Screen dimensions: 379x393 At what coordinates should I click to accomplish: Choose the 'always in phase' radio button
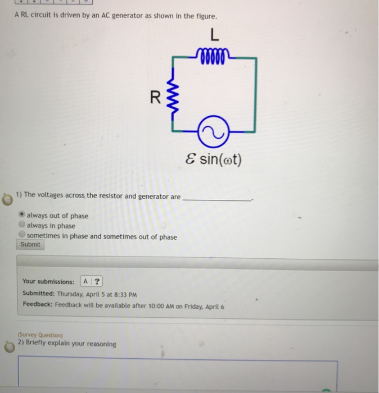pos(22,226)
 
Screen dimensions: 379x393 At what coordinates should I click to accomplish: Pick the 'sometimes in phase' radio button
pos(22,236)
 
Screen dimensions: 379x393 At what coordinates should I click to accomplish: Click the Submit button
pos(30,245)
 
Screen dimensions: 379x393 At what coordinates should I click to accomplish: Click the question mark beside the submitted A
pos(97,281)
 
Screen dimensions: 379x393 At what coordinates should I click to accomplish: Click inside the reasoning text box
pos(178,373)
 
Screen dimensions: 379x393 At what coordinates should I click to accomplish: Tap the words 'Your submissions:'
pos(48,281)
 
